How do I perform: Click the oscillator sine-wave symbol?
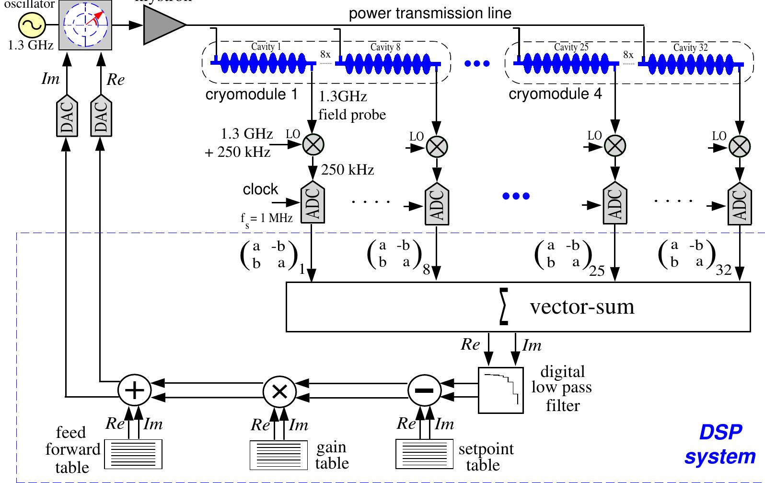[x=32, y=25]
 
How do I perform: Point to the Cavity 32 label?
[x=690, y=47]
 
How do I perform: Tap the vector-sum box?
[x=518, y=306]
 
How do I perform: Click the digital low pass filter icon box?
[x=501, y=390]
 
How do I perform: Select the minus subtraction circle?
[x=424, y=390]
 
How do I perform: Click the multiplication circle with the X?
[x=279, y=390]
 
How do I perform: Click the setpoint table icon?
[x=424, y=454]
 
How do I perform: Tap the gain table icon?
[x=279, y=455]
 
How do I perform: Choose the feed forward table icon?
[x=133, y=454]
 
